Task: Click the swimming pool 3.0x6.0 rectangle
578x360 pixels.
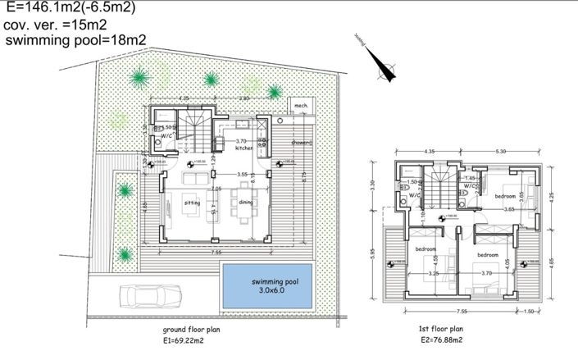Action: pos(269,285)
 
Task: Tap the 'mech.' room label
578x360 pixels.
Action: pos(301,107)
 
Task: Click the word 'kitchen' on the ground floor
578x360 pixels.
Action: pos(244,148)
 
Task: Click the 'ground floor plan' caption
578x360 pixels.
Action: pos(196,328)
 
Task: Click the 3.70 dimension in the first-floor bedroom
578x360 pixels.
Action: pos(487,273)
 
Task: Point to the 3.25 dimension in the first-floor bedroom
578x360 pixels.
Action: pos(434,273)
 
